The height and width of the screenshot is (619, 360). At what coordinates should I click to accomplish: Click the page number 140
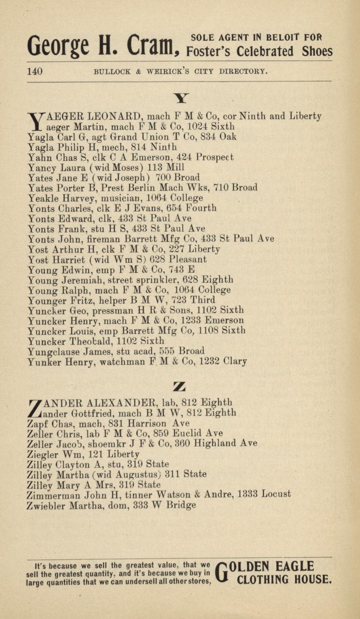pyautogui.click(x=35, y=71)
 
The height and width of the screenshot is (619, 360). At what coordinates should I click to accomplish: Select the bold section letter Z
pyautogui.click(x=180, y=386)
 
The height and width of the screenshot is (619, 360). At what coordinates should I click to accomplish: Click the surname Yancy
pyautogui.click(x=41, y=167)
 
